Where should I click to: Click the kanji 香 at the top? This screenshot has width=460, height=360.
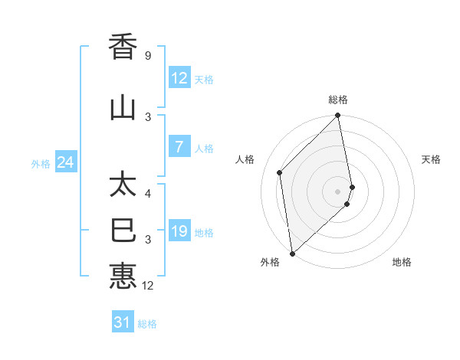click(123, 48)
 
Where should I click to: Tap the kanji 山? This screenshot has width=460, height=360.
click(123, 108)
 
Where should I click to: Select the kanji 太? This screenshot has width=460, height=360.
click(123, 186)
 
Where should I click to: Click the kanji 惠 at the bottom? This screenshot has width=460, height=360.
click(123, 275)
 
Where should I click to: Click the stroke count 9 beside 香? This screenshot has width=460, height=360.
click(148, 57)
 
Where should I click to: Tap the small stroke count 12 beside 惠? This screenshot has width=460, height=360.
click(149, 286)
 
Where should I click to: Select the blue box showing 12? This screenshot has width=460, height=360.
click(179, 77)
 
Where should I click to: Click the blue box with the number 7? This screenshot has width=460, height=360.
click(179, 147)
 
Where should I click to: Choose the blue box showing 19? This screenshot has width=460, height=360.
click(179, 231)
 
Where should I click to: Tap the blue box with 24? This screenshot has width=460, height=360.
click(66, 162)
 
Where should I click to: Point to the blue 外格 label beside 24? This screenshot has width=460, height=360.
click(41, 163)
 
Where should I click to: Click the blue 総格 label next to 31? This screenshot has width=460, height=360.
click(148, 324)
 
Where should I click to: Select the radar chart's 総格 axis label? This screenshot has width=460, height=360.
click(337, 100)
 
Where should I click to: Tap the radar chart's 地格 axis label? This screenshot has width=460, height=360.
click(402, 262)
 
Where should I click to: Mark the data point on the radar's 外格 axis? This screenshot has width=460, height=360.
click(292, 253)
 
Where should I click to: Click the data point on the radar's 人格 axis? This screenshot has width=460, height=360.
click(280, 172)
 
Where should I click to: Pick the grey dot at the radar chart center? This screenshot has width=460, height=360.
click(337, 191)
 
